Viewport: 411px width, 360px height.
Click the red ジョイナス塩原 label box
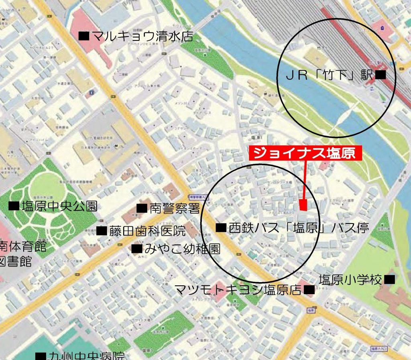[305, 153]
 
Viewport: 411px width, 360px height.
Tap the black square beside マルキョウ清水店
[83, 36]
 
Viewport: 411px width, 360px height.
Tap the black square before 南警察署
[142, 208]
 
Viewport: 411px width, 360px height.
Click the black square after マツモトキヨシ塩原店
[309, 289]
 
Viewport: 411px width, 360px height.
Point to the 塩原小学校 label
[350, 280]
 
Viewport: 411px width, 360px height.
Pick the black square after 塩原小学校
[389, 279]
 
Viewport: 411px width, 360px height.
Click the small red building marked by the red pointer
[303, 205]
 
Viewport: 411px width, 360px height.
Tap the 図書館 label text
[16, 262]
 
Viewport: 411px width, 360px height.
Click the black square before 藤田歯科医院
[102, 231]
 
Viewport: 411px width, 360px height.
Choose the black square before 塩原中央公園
[14, 206]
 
